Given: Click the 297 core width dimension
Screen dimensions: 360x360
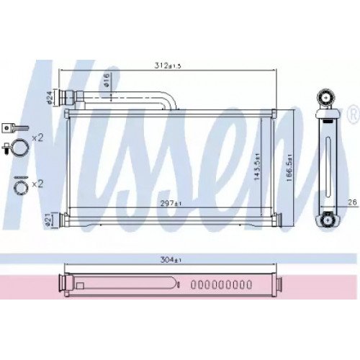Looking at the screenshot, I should [x=171, y=204].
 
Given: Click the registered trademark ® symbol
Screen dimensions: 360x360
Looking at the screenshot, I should [x=352, y=114].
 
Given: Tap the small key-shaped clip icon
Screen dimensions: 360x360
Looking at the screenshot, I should [x=10, y=127].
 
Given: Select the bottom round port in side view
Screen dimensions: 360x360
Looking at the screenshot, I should [x=328, y=220].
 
